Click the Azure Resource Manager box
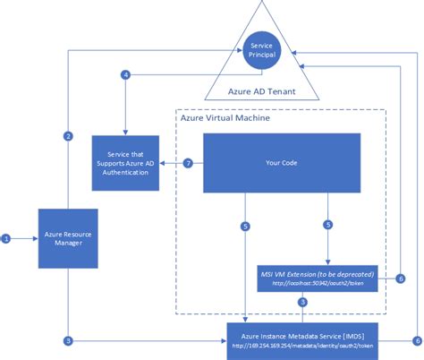[67, 238]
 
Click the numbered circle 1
[6, 238]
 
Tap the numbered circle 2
[68, 136]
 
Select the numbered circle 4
[126, 74]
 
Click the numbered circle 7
[188, 164]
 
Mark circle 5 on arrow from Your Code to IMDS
[246, 225]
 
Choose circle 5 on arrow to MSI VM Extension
[328, 225]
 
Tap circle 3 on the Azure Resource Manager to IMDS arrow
[68, 340]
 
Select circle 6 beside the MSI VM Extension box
[402, 279]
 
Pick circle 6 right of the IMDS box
[417, 340]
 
